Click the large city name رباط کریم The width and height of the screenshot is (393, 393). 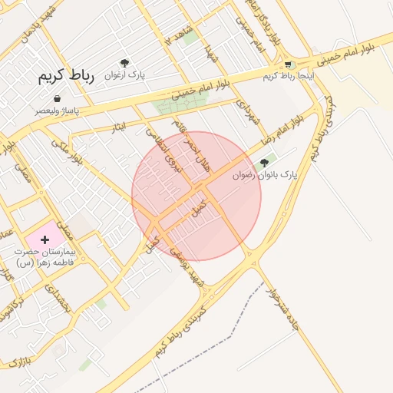65,78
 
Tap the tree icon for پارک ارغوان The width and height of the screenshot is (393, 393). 125,63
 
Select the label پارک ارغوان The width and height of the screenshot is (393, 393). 125,75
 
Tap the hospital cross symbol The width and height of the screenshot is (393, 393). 45,239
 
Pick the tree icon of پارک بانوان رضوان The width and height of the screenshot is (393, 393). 265,162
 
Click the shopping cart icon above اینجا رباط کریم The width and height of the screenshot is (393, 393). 288,65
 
